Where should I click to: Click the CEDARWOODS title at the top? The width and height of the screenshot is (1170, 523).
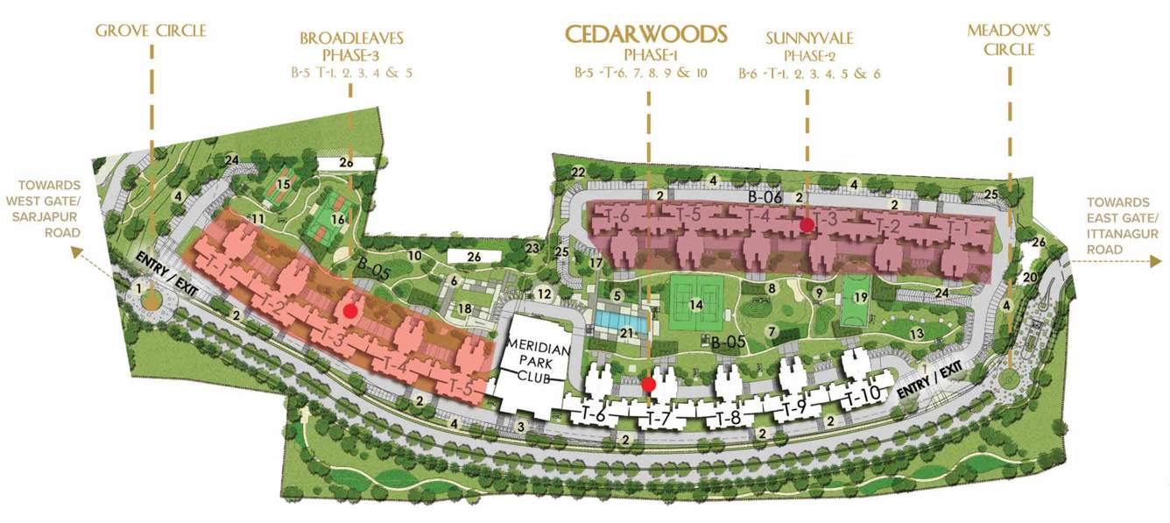(x=646, y=34)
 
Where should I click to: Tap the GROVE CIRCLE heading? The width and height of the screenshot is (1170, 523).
(x=151, y=32)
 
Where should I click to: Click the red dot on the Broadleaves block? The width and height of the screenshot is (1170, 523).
(x=350, y=310)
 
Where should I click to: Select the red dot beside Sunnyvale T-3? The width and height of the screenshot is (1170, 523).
(x=807, y=224)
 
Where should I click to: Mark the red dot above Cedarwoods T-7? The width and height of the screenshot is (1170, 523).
(x=649, y=384)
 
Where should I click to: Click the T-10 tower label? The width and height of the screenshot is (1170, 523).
(x=862, y=396)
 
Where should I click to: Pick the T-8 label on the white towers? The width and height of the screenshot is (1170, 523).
(x=729, y=418)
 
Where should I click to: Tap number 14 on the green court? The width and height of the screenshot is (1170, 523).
(x=696, y=304)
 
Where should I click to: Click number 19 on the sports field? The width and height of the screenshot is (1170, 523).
(x=860, y=297)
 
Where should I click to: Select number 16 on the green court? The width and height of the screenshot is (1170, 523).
(x=338, y=219)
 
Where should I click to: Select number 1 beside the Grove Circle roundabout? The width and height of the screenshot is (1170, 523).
(x=137, y=287)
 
